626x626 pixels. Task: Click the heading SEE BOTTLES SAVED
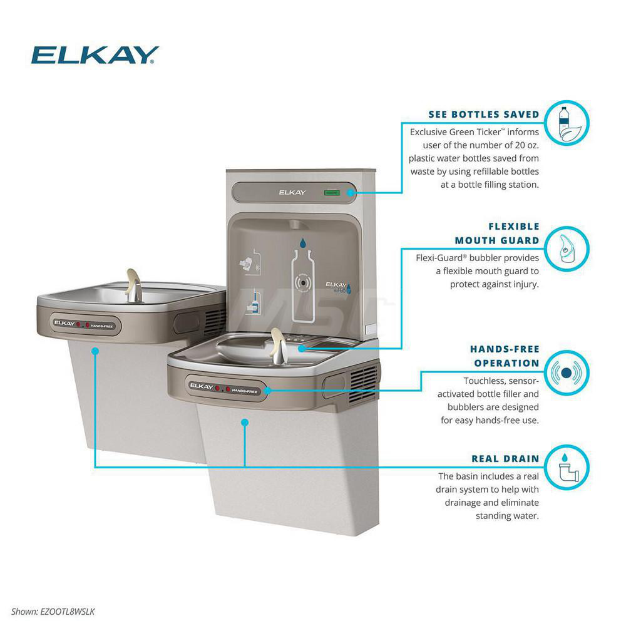[483, 115]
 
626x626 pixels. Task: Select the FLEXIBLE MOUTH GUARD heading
[496, 233]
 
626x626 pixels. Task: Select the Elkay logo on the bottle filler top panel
[292, 192]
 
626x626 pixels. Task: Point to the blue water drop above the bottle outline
[303, 242]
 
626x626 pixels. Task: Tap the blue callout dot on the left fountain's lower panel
[95, 351]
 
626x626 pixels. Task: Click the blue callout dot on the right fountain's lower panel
[245, 423]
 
